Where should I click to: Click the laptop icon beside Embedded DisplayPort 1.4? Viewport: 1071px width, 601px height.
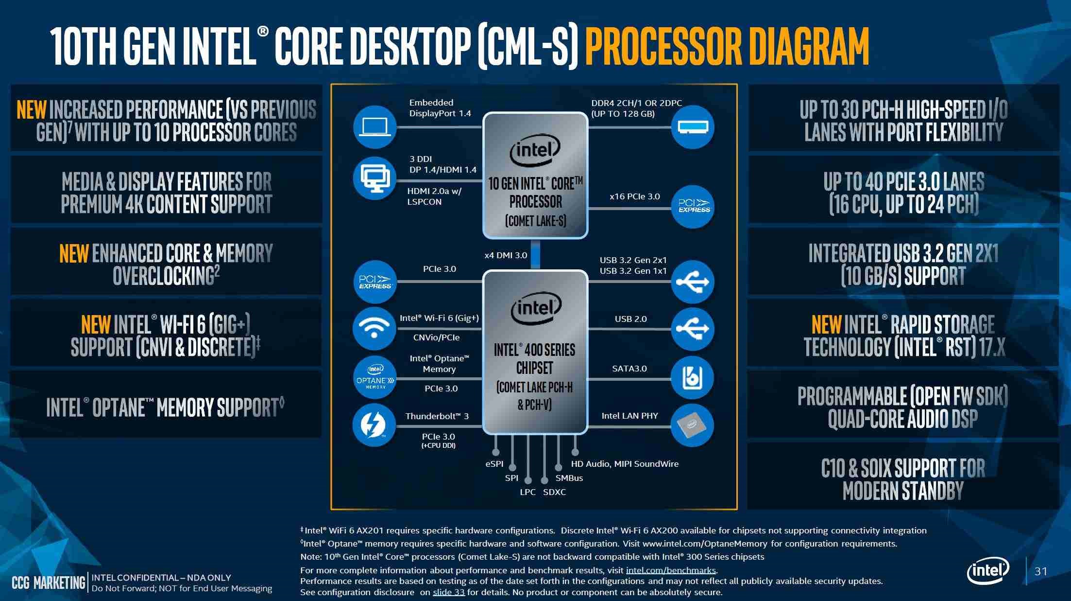[374, 127]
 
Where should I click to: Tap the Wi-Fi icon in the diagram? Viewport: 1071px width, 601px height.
[374, 328]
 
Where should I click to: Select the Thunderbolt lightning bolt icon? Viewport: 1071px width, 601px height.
[374, 425]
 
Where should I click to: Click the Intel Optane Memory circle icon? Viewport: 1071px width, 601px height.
[374, 378]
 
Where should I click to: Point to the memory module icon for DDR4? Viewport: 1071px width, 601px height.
[693, 127]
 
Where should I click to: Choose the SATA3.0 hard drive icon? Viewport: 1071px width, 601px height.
[692, 378]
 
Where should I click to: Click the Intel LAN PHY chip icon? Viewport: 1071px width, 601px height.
[692, 425]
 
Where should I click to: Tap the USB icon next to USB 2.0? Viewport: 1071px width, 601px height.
[692, 328]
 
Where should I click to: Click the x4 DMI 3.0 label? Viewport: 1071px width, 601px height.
[506, 255]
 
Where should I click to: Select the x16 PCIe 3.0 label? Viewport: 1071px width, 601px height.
[634, 196]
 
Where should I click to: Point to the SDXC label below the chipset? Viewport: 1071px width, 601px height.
[554, 492]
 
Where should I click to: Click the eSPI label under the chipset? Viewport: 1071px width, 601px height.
[494, 464]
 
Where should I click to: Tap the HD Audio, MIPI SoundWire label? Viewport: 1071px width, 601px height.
[625, 464]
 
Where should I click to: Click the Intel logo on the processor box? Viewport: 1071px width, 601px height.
[535, 150]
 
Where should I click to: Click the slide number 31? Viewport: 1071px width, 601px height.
[1040, 571]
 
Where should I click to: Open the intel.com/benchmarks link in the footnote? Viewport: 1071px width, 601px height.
[671, 570]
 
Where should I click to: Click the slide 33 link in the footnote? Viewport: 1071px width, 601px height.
[448, 592]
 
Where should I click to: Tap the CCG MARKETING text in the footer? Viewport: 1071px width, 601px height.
[49, 583]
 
